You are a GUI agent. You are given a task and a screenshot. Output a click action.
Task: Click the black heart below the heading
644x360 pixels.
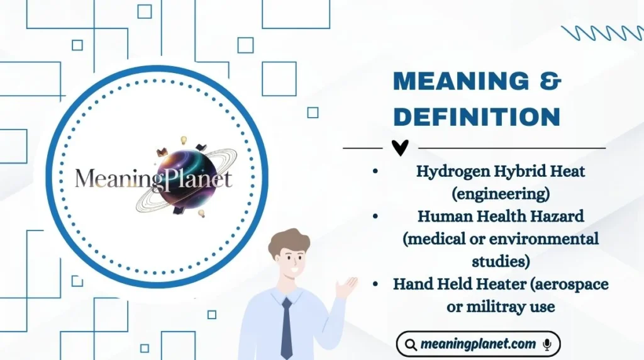tap(400, 147)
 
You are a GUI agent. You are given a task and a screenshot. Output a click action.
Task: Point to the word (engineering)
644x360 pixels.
tap(501, 190)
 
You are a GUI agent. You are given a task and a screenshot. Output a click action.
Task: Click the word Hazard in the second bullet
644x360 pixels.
tap(558, 216)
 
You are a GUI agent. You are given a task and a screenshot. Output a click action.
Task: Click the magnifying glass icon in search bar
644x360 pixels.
tap(411, 344)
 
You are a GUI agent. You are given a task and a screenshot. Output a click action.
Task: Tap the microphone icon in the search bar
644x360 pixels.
tap(547, 344)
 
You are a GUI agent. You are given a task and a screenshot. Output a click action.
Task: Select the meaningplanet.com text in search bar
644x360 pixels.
tap(478, 344)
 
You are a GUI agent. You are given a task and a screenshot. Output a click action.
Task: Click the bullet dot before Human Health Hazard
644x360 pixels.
tap(375, 216)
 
